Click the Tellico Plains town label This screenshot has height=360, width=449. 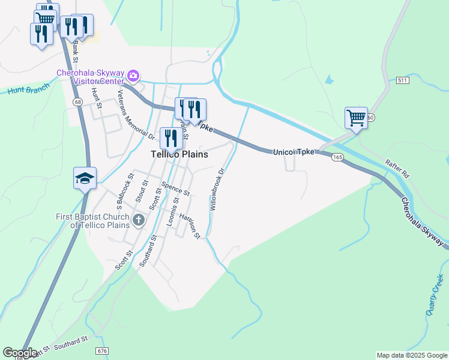tap(179, 154)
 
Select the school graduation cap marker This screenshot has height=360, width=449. tap(85, 178)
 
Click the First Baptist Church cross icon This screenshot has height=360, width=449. tap(139, 220)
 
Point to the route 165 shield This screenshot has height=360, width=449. tap(337, 157)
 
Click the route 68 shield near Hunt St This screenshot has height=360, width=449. tap(77, 102)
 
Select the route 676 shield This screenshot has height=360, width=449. tap(102, 350)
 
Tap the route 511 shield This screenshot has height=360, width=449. tap(402, 80)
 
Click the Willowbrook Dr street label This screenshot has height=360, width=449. tap(216, 189)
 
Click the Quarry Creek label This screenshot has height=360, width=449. tap(435, 295)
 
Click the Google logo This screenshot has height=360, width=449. tap(20, 352)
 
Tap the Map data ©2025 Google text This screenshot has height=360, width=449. tap(412, 355)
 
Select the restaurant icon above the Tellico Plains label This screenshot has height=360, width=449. tap(171, 138)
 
